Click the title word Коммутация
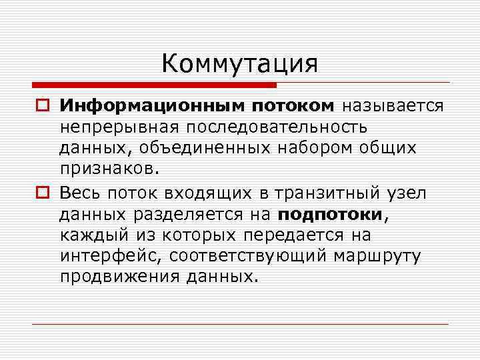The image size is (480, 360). tap(239, 64)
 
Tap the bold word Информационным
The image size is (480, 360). tap(153, 105)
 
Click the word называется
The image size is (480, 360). tap(393, 105)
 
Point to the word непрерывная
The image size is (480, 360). tap(120, 126)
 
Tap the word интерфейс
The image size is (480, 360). tap(112, 255)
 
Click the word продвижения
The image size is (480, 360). tap(117, 276)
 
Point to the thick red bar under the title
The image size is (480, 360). tap(154, 85)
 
